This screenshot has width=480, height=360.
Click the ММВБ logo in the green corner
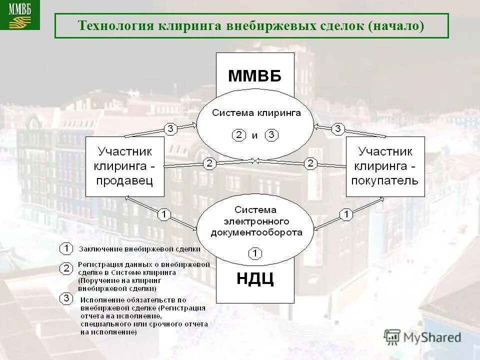tap(19, 14)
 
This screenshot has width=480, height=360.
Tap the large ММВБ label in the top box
tap(254, 76)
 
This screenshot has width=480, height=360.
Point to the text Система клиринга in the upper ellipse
tap(256, 113)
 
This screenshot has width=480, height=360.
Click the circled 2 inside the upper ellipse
tap(238, 135)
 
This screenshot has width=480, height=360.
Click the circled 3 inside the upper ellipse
tap(271, 135)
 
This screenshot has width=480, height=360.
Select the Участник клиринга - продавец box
tap(125, 166)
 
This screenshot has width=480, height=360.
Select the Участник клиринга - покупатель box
tap(385, 166)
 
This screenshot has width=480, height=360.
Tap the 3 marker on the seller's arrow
tap(170, 129)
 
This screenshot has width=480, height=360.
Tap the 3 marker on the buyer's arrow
tap(338, 129)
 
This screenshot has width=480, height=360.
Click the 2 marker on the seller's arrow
tap(209, 163)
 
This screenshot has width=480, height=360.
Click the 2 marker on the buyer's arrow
tap(310, 163)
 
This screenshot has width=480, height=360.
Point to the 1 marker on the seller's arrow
tap(164, 214)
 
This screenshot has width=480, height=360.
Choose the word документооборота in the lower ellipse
tap(256, 232)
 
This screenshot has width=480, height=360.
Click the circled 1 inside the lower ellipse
tap(254, 253)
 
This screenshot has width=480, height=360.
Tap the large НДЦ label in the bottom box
tap(254, 278)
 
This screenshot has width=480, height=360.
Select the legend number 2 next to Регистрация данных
tap(65, 268)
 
